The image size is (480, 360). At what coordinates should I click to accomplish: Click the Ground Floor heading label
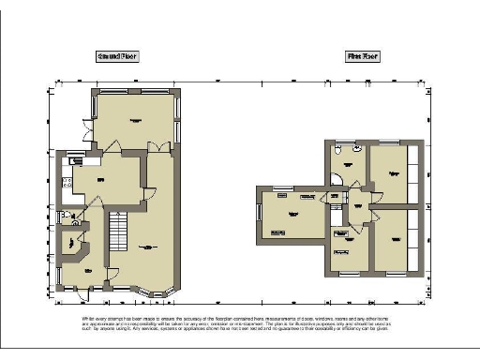(x=117, y=56)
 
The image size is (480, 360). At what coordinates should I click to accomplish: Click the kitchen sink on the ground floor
(x=64, y=165)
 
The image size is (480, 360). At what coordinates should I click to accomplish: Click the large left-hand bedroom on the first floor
(x=292, y=215)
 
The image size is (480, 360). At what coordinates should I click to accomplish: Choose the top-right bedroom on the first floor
(x=393, y=172)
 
